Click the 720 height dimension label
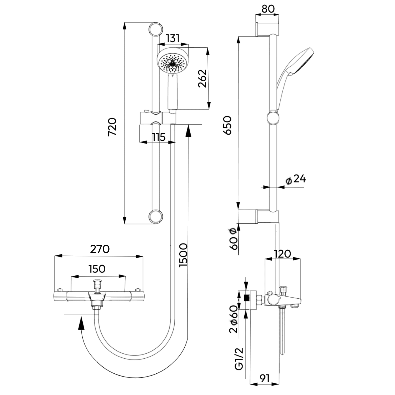[112, 127]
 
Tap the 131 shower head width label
[172, 38]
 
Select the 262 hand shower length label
[202, 78]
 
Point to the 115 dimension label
[159, 137]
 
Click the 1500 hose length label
[183, 255]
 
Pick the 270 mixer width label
[100, 249]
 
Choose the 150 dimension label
[97, 269]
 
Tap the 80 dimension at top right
[268, 9]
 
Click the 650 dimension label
[227, 125]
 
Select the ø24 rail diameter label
[296, 179]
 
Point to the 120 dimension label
[282, 254]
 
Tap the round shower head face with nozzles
[172, 63]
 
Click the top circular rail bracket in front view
[156, 29]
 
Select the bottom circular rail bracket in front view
[156, 216]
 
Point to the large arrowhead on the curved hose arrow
[82, 323]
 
